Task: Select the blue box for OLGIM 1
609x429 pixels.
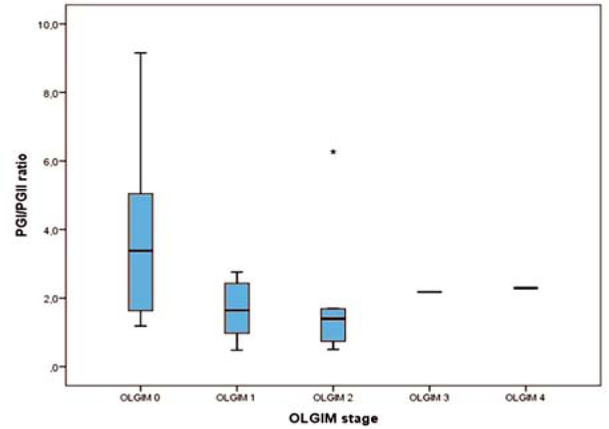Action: coord(237,308)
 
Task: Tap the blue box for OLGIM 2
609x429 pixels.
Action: coord(333,325)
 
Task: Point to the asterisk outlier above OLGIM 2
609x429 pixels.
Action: coord(333,152)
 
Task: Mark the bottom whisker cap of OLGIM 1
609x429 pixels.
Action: coord(237,350)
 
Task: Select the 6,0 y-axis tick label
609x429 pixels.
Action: coord(46,161)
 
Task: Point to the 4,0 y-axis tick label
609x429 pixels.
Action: coord(46,229)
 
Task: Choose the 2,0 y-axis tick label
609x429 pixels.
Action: coord(46,298)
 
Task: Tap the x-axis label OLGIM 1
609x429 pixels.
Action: coord(237,398)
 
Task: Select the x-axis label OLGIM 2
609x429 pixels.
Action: coord(333,398)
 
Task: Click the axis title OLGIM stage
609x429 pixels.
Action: coord(334,418)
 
